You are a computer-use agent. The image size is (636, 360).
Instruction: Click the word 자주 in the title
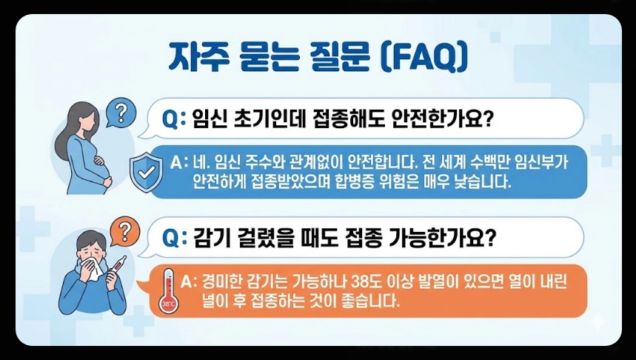195,56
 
